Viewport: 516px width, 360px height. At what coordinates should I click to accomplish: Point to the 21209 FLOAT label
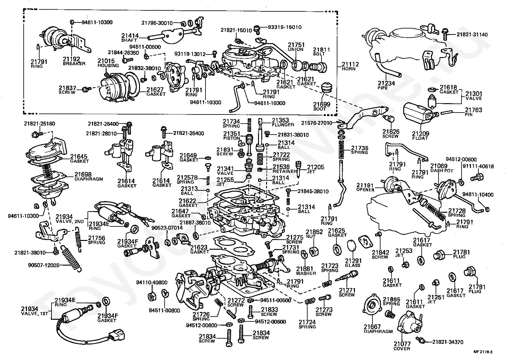pyautogui.click(x=420, y=135)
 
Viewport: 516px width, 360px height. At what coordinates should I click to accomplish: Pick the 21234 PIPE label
pyautogui.click(x=386, y=85)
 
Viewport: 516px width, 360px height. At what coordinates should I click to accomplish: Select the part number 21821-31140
pyautogui.click(x=472, y=34)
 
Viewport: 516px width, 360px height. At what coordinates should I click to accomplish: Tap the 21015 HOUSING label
pyautogui.click(x=108, y=63)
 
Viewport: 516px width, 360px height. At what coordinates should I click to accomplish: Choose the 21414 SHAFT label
pyautogui.click(x=130, y=38)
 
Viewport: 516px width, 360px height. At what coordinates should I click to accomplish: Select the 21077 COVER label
pyautogui.click(x=402, y=346)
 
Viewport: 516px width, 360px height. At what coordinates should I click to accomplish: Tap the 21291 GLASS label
pyautogui.click(x=353, y=263)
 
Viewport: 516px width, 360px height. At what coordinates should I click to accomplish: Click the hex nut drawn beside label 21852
pyautogui.click(x=313, y=251)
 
